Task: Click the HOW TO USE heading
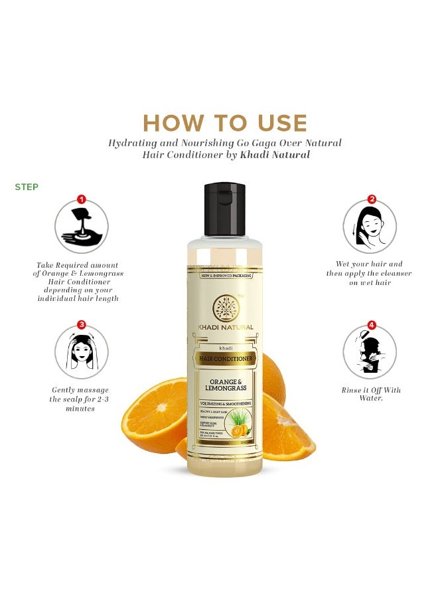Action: tap(225, 123)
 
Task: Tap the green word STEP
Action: tap(27, 187)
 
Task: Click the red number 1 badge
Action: tap(82, 199)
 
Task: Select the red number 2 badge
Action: tap(372, 199)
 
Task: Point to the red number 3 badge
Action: tap(82, 324)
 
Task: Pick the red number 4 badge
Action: tap(372, 325)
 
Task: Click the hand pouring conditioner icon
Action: tap(81, 227)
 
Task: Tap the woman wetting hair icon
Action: tap(369, 227)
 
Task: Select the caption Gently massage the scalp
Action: tap(80, 399)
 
